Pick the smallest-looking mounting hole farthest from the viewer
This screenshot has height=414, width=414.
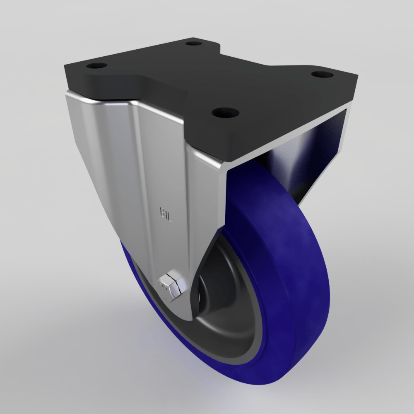click(193, 43)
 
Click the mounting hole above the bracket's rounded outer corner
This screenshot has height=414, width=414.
click(96, 66)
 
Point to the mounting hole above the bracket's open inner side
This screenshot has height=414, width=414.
click(322, 75)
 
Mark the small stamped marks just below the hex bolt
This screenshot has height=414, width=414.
click(165, 299)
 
